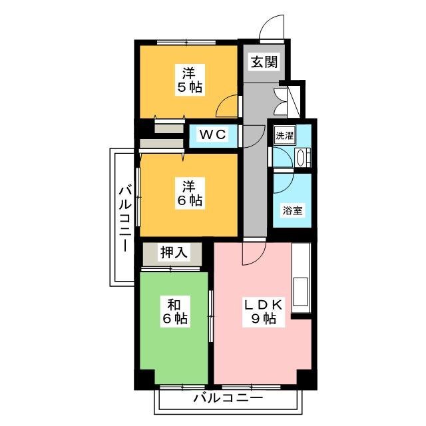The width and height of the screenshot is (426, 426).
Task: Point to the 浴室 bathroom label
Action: tap(292, 211)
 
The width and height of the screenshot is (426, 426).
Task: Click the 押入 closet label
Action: tap(172, 253)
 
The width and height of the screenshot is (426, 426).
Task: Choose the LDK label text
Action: tap(263, 305)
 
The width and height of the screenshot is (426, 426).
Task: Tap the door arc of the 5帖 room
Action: tap(228, 105)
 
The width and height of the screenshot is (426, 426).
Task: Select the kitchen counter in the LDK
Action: tap(300, 279)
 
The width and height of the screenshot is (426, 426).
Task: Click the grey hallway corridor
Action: tap(255, 173)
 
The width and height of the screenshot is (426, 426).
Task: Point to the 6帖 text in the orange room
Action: tap(190, 200)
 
